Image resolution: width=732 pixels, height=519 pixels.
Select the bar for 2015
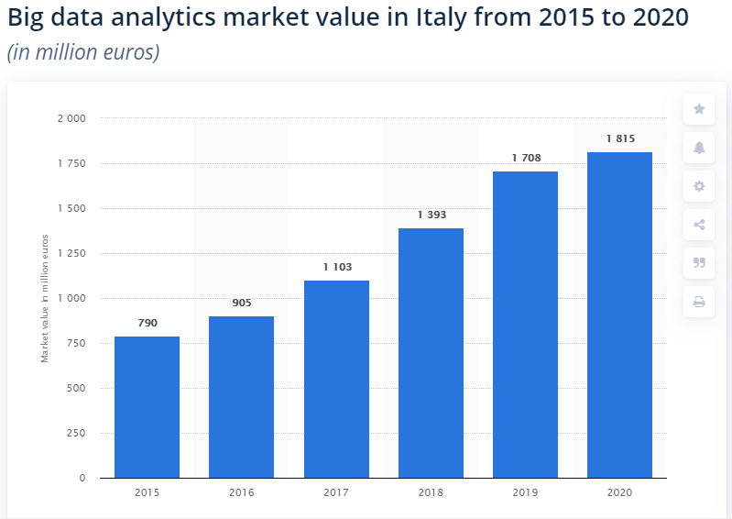pyautogui.click(x=147, y=407)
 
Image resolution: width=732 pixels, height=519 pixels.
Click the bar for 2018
pyautogui.click(x=431, y=353)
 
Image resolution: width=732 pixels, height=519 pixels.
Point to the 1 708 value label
pyautogui.click(x=526, y=159)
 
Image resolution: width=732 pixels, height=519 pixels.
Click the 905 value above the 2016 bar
pyautogui.click(x=242, y=304)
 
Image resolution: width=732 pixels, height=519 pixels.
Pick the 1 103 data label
pyautogui.click(x=336, y=267)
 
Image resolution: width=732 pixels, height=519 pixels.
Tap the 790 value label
pyautogui.click(x=147, y=324)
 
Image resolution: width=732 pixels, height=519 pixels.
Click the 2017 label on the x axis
pyautogui.click(x=336, y=493)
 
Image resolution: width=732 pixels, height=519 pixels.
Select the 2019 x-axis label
pyautogui.click(x=526, y=493)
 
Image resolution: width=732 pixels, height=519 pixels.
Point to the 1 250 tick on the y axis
pyautogui.click(x=71, y=254)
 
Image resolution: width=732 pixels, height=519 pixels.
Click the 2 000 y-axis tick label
pyautogui.click(x=71, y=118)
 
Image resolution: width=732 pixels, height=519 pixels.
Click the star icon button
pyautogui.click(x=699, y=109)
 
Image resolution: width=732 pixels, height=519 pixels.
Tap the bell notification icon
pyautogui.click(x=699, y=148)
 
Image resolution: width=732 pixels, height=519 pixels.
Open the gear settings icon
pyautogui.click(x=699, y=186)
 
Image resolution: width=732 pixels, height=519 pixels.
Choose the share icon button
pyautogui.click(x=699, y=225)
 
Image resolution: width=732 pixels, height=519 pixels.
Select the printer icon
pyautogui.click(x=699, y=302)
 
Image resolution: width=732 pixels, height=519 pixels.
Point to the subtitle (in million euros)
pyautogui.click(x=83, y=52)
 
